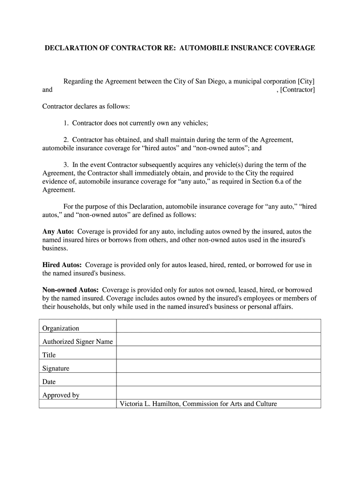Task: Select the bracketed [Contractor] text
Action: click(297, 89)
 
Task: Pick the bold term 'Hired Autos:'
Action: click(62, 265)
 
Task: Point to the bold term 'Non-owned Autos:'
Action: click(70, 290)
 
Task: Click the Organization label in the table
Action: click(61, 328)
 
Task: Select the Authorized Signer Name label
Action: click(77, 341)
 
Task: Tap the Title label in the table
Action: click(49, 355)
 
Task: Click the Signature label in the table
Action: click(56, 369)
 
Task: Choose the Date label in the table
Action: click(49, 382)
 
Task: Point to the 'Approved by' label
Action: click(61, 395)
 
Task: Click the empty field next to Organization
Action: click(218, 326)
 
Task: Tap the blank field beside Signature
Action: click(218, 366)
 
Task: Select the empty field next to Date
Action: click(218, 379)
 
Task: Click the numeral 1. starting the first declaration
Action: click(67, 123)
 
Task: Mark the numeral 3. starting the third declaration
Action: click(67, 165)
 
